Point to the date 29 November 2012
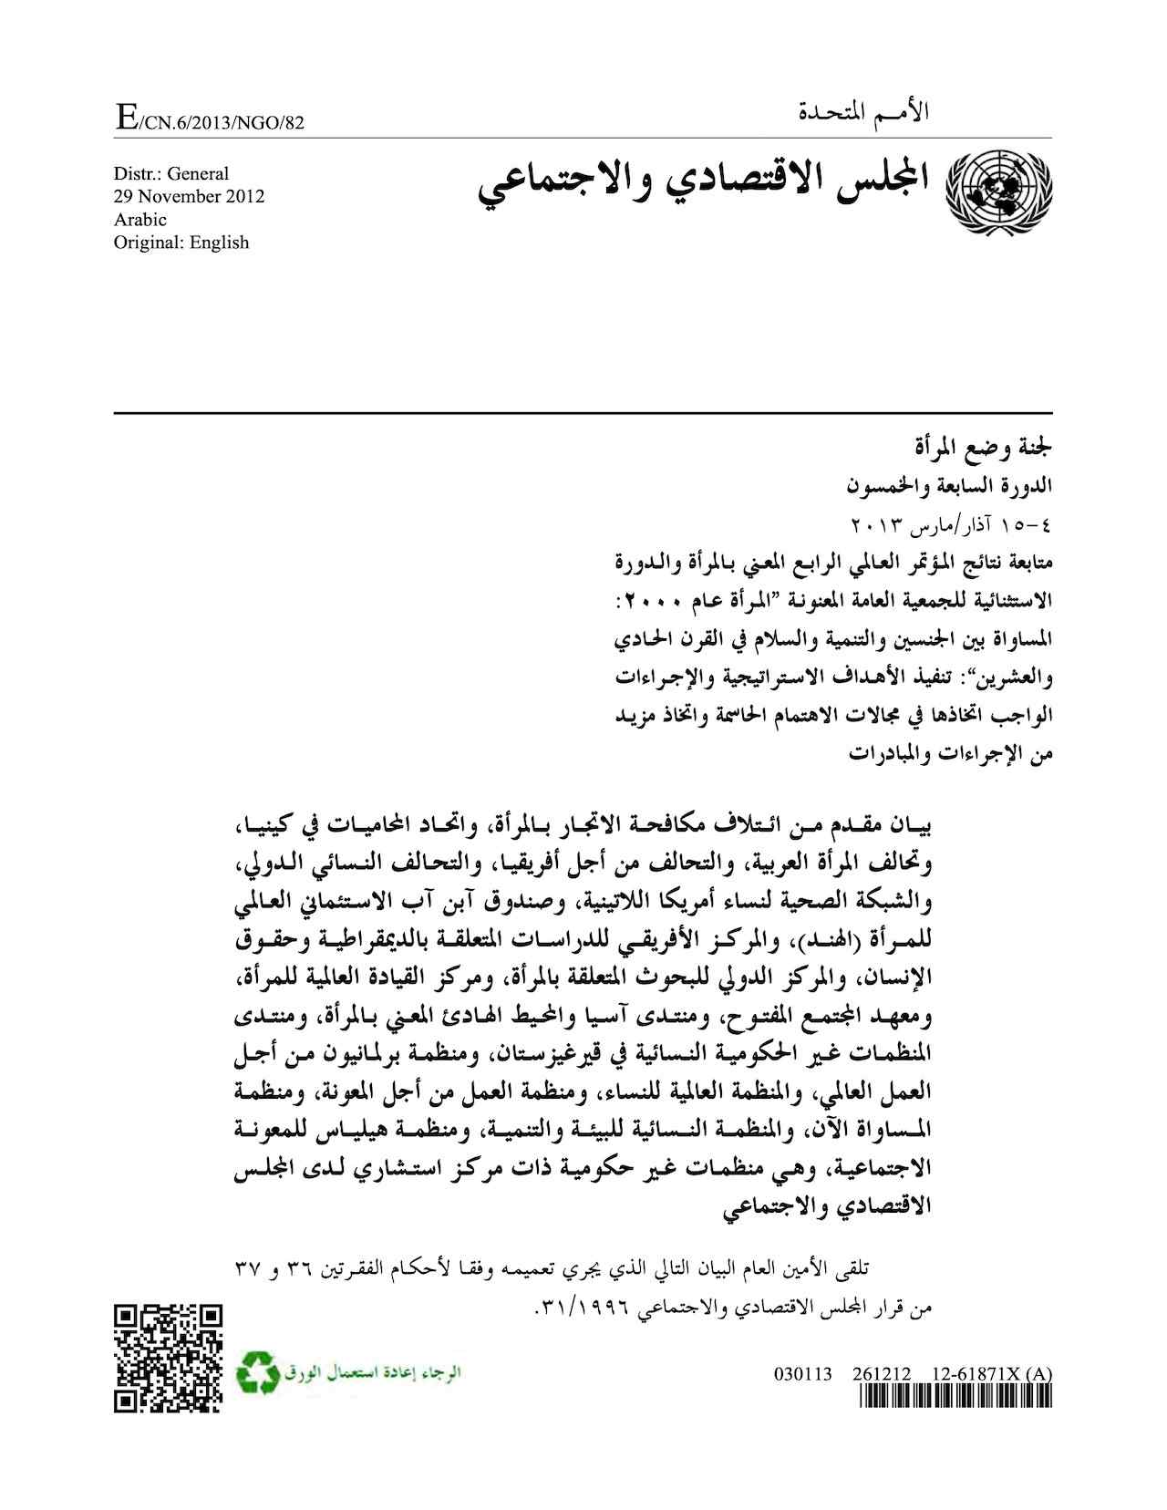[x=189, y=196]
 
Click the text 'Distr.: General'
[x=170, y=173]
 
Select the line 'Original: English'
[x=181, y=242]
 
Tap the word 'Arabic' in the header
[x=139, y=219]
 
